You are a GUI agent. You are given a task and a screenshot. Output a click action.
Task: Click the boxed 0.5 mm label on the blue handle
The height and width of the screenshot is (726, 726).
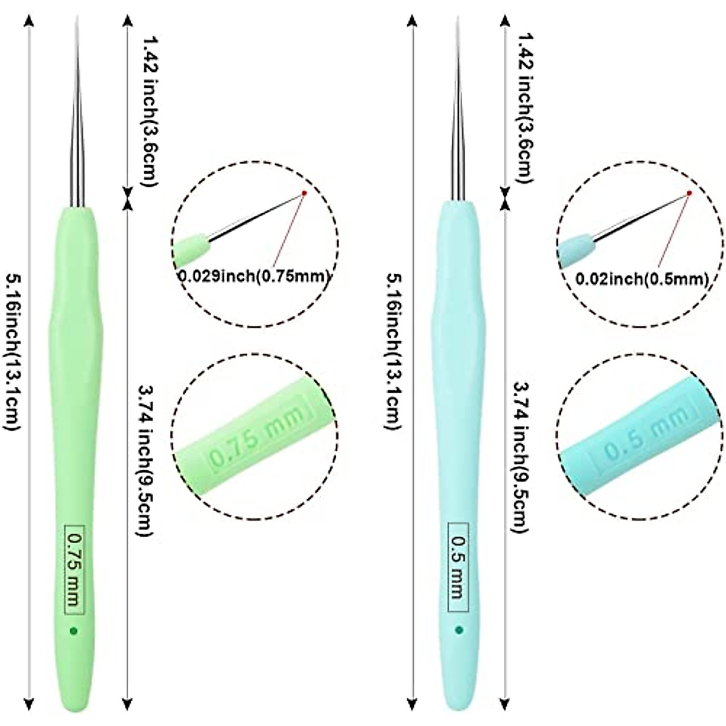(458, 567)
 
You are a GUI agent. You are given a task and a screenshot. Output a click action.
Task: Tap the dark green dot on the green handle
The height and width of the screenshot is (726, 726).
(74, 631)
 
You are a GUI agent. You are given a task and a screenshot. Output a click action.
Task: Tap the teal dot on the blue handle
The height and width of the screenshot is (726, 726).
(459, 630)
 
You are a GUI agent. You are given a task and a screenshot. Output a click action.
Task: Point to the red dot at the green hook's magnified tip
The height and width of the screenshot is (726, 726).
(304, 194)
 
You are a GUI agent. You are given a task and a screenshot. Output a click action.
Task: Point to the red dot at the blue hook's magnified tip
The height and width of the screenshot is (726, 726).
(689, 193)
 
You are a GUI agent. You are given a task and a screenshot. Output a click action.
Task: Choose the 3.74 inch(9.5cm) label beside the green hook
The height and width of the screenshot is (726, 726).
(145, 460)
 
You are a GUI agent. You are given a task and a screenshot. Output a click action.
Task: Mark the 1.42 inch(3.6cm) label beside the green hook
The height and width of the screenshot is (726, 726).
(149, 109)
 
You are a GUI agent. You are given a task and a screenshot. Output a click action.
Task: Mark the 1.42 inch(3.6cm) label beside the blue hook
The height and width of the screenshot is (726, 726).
(525, 109)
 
